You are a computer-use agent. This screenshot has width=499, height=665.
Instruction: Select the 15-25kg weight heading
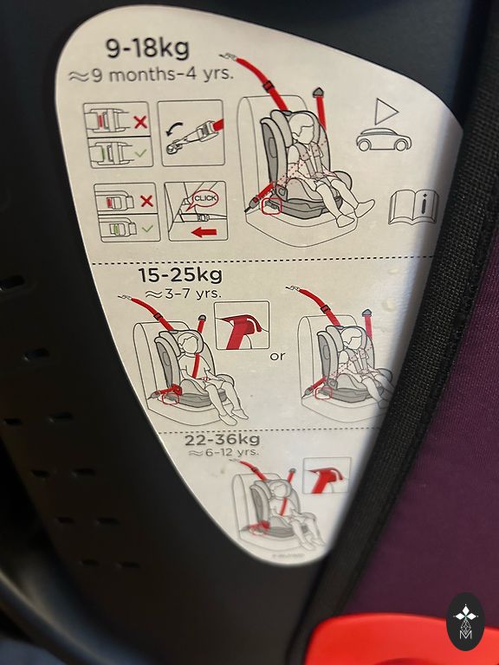(x=180, y=275)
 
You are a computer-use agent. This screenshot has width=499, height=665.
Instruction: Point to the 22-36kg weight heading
(x=223, y=439)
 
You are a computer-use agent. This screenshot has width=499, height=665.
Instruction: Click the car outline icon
(x=384, y=139)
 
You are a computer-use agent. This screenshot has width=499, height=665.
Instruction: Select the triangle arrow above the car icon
(x=386, y=112)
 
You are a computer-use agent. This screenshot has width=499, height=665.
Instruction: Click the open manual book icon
(x=414, y=208)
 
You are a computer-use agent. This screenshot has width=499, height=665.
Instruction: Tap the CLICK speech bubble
(x=205, y=198)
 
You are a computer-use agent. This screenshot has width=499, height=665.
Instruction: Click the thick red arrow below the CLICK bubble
(x=204, y=232)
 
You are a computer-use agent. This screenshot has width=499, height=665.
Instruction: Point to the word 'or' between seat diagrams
(x=277, y=356)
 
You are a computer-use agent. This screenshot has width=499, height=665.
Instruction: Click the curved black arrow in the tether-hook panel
(x=174, y=129)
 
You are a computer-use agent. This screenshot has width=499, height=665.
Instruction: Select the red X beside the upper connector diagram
(x=141, y=122)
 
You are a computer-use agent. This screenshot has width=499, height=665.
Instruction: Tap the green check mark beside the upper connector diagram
(x=141, y=152)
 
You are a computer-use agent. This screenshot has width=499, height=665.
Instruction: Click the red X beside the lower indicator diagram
(x=146, y=201)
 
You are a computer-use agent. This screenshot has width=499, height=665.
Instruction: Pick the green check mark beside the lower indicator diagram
(x=147, y=229)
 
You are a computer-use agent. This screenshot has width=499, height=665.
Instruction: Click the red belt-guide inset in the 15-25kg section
(x=243, y=325)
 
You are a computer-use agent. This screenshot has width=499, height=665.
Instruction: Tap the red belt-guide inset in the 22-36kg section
(x=327, y=475)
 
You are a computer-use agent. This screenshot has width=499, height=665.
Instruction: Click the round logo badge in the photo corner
(x=465, y=622)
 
